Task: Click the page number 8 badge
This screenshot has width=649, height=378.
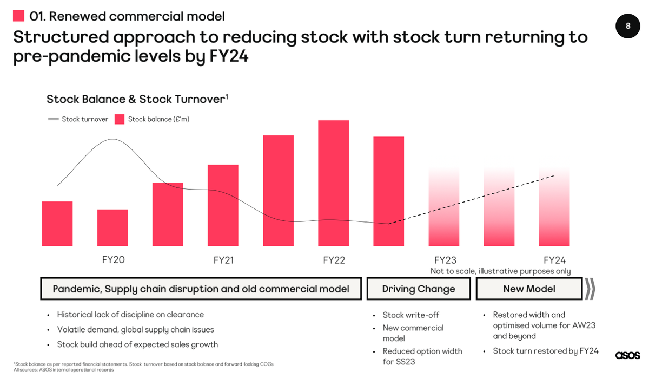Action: coord(627,25)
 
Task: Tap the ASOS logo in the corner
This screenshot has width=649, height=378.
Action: coord(627,355)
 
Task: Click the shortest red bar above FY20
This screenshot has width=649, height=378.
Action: coord(112,227)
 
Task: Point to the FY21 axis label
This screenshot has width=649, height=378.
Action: coord(223,260)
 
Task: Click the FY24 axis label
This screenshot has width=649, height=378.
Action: coord(554,260)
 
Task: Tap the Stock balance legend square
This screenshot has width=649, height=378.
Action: coord(120,119)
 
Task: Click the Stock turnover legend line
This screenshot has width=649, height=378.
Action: coord(54,119)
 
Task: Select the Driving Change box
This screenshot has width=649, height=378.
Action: coord(419,289)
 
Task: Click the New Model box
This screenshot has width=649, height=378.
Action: coord(529,289)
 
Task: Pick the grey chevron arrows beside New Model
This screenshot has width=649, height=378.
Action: coord(590,289)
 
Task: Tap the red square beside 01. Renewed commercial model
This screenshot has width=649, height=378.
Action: coord(18,16)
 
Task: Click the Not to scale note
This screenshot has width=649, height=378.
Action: coord(500,271)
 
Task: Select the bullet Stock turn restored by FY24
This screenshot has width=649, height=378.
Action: coord(545,351)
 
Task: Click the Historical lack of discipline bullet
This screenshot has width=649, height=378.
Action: coord(130,315)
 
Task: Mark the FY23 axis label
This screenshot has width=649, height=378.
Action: coord(445,260)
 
